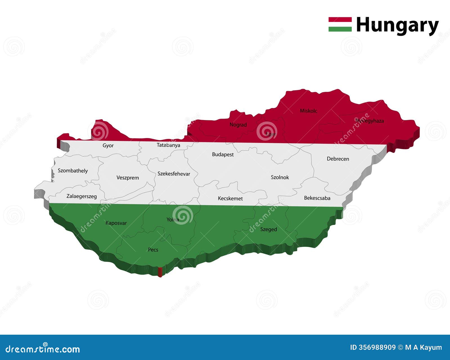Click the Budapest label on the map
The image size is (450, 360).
pyautogui.click(x=223, y=154)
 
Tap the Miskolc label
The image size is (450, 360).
pyautogui.click(x=309, y=111)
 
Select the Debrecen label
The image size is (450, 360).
pyautogui.click(x=338, y=159)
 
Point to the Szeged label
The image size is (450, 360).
pyautogui.click(x=269, y=229)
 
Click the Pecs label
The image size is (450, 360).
pyautogui.click(x=153, y=250)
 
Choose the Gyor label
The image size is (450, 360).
pyautogui.click(x=108, y=145)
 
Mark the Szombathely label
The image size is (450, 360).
pyautogui.click(x=73, y=171)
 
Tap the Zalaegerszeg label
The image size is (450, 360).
pyautogui.click(x=82, y=196)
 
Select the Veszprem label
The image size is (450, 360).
pyautogui.click(x=128, y=178)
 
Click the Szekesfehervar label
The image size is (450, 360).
pyautogui.click(x=174, y=174)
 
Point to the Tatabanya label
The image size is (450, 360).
pyautogui.click(x=168, y=145)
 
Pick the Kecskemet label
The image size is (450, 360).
pyautogui.click(x=230, y=199)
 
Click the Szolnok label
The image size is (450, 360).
pyautogui.click(x=280, y=177)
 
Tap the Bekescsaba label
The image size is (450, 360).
pyautogui.click(x=317, y=198)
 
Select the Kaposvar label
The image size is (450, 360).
pyautogui.click(x=116, y=223)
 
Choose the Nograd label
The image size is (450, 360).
pyautogui.click(x=238, y=125)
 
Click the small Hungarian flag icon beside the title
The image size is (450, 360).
pyautogui.click(x=340, y=24)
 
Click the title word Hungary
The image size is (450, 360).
pyautogui.click(x=397, y=25)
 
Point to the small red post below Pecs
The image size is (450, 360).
pyautogui.click(x=160, y=272)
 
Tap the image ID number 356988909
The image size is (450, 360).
pyautogui.click(x=377, y=348)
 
